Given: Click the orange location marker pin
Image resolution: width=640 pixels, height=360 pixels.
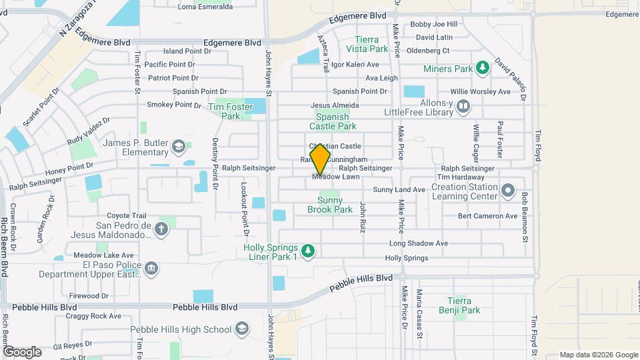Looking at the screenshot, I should point(320,159).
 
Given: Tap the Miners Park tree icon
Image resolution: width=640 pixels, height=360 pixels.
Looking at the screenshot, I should point(482,67).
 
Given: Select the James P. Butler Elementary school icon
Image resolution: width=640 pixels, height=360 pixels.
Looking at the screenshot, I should point(178,145).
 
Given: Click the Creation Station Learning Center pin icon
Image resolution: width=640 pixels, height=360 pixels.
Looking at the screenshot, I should point(509,191).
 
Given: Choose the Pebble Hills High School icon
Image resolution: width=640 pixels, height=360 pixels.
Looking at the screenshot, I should point(241,329).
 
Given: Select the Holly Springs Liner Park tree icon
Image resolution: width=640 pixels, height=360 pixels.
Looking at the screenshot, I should point(307,251).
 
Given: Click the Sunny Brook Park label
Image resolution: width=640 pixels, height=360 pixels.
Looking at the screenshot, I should point(330,205).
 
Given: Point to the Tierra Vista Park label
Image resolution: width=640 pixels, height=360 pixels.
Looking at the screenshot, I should point(371,44).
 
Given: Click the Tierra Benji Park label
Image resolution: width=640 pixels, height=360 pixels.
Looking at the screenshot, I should point(463,305).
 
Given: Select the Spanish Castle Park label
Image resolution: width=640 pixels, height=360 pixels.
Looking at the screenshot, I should point(332,121).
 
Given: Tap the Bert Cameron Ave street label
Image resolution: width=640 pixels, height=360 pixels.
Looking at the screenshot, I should point(488,216).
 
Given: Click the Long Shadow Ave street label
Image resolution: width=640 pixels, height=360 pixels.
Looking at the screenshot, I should point(418,243).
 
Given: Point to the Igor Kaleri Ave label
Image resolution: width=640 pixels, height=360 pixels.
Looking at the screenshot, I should point(355,65).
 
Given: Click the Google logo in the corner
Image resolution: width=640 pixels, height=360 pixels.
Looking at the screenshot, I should point(21,351).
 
